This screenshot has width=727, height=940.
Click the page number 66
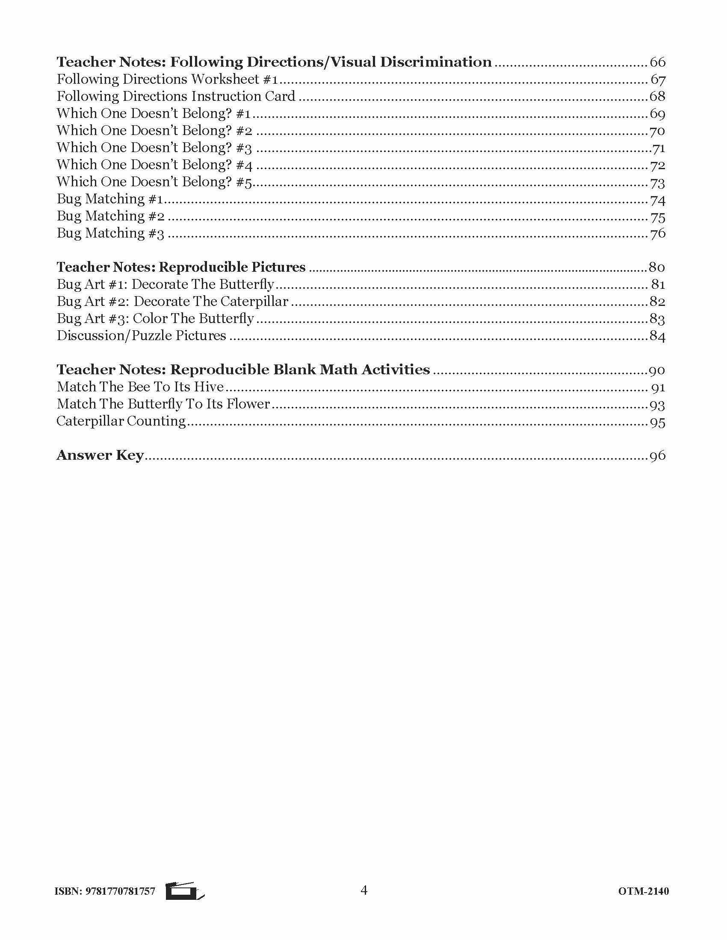657,62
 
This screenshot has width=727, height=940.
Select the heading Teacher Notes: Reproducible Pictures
181,267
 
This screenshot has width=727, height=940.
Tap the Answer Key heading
100,455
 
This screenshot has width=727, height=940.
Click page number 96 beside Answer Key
657,455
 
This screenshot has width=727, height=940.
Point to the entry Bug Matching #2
111,216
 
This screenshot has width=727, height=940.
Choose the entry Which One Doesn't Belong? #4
155,165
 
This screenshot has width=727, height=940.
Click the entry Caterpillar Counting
121,421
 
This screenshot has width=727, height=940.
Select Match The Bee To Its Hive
140,387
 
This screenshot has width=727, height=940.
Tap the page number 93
657,405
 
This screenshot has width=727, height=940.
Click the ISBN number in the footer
105,891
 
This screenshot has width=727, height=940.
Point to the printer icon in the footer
185,891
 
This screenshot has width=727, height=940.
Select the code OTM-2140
644,891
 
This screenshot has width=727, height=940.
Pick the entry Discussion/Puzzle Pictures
141,336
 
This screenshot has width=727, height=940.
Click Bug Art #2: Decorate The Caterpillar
172,302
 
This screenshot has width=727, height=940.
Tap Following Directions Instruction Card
176,97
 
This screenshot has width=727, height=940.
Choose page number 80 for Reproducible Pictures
657,267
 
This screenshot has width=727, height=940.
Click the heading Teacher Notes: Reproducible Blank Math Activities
243,370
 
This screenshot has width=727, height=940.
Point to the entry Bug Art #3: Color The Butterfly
155,318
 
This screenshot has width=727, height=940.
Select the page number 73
657,182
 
